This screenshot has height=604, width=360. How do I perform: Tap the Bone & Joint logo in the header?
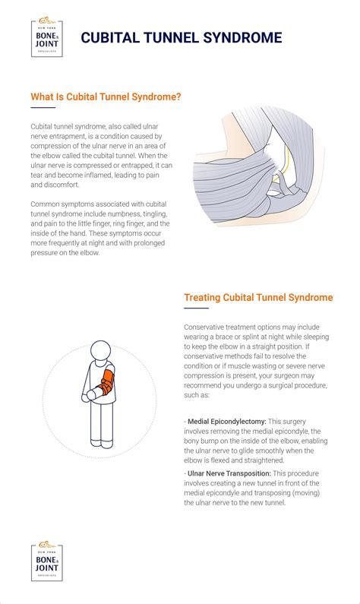[47, 36]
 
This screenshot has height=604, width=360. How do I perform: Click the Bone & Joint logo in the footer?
[47, 562]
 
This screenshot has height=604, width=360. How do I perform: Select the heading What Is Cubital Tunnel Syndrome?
[105, 97]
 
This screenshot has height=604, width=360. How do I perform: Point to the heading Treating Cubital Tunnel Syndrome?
[258, 297]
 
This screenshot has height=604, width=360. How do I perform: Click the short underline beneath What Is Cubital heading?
[43, 108]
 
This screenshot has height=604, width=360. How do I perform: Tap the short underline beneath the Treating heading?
[196, 308]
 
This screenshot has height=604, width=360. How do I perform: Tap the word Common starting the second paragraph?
[46, 204]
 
